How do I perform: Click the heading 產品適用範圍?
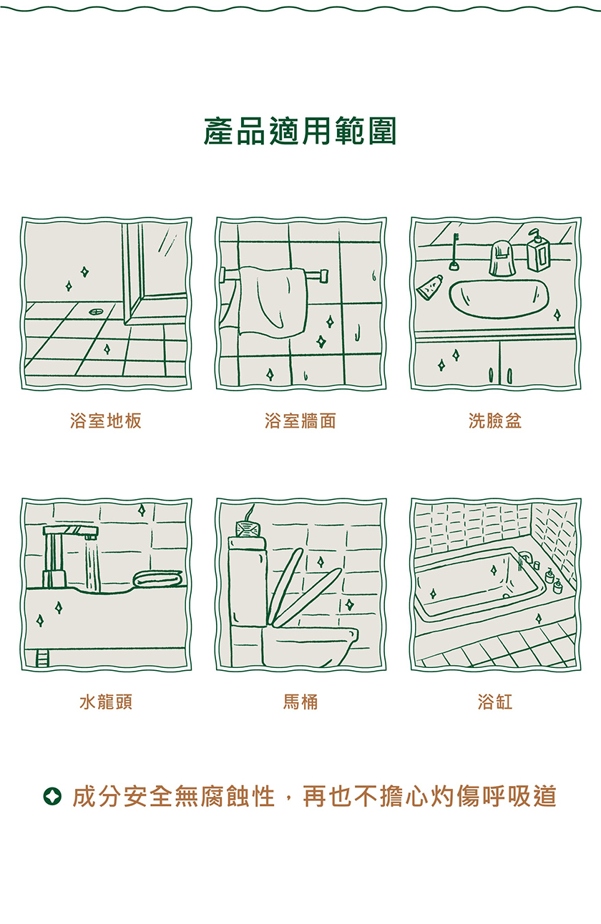click(300, 131)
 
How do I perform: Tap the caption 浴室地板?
click(106, 421)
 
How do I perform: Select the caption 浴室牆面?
click(300, 421)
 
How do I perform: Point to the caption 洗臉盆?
click(495, 421)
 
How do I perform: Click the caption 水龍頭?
click(106, 702)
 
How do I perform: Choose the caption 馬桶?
click(300, 702)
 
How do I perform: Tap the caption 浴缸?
click(495, 702)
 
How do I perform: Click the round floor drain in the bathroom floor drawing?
click(96, 311)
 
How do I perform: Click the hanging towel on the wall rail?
click(273, 301)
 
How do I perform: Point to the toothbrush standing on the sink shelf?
click(455, 252)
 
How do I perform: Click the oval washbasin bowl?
click(499, 299)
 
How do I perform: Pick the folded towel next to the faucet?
click(157, 579)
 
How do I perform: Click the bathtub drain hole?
click(506, 596)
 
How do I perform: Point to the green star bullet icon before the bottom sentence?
click(52, 797)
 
